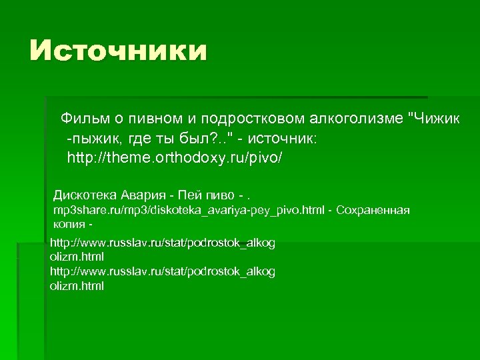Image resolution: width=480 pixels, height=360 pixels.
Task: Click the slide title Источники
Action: pyautogui.click(x=118, y=51)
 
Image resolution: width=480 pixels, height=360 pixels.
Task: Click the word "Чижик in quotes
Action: pyautogui.click(x=434, y=119)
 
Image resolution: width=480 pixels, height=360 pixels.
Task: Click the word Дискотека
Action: pyautogui.click(x=86, y=195)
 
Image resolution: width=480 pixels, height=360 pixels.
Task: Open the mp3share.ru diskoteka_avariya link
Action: pyautogui.click(x=189, y=211)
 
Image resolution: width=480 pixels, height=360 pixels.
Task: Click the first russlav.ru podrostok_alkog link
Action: pyautogui.click(x=162, y=243)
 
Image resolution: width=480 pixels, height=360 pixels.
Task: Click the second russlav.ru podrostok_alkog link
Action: pyautogui.click(x=162, y=272)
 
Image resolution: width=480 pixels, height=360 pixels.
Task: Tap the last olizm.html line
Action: pyautogui.click(x=77, y=286)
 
